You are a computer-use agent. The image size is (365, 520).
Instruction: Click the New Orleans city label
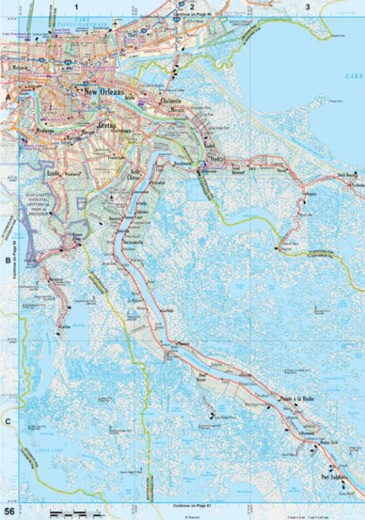[x=104, y=93]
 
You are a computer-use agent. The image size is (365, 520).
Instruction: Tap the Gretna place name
[x=106, y=124]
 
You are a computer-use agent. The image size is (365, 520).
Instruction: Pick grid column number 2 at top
[x=192, y=7]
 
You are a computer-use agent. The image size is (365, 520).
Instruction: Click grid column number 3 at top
[x=308, y=7]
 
